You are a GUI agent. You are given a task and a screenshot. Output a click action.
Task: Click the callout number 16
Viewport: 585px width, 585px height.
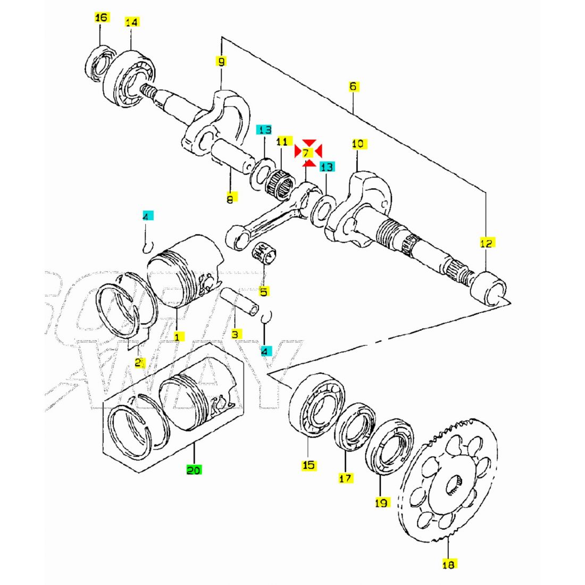coord(101,18)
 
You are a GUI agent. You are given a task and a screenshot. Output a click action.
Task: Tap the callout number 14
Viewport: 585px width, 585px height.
coord(131,22)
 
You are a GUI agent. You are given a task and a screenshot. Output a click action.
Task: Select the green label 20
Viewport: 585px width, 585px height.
coord(194,470)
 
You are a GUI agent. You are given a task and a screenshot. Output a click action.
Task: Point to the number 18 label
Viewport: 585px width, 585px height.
coord(449,564)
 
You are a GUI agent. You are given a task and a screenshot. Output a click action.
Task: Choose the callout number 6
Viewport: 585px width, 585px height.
coord(354,86)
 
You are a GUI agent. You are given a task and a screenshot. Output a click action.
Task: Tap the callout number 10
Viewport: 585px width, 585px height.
coord(357,144)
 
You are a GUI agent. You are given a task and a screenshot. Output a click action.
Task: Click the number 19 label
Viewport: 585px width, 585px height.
coord(381,502)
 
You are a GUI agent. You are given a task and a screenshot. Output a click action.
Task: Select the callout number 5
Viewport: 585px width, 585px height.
coord(264,291)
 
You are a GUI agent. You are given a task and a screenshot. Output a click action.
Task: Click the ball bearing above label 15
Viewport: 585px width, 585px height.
coord(316,405)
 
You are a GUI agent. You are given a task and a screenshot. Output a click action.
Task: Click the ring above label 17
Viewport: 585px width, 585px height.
coord(354,427)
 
